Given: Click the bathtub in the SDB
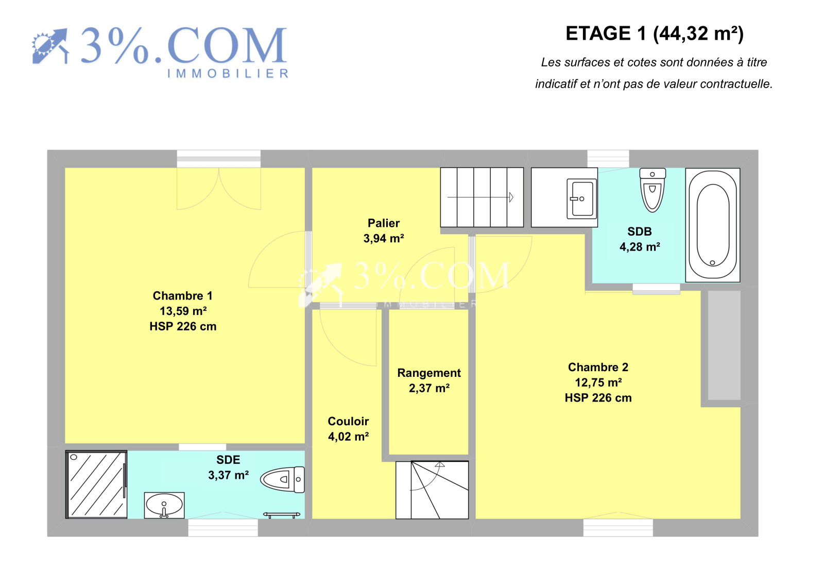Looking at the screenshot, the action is click(713, 225).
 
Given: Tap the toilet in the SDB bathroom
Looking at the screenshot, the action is click(652, 190).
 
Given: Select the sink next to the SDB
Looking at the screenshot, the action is click(581, 198).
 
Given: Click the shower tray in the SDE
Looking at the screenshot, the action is click(96, 485).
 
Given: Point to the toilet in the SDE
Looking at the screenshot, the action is click(283, 479).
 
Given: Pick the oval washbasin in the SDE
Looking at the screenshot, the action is click(164, 505).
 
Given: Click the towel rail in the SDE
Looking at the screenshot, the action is click(282, 514).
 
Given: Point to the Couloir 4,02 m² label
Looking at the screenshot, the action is click(348, 429).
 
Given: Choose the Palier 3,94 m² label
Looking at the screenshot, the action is click(384, 230).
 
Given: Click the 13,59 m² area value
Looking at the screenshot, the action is click(183, 311).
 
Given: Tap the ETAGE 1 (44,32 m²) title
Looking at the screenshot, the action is click(655, 34).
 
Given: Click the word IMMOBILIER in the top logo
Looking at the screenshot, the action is click(228, 73).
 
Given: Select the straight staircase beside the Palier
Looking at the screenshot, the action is click(482, 197).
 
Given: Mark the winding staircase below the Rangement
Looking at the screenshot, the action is click(432, 490).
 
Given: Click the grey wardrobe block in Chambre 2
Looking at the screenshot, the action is click(724, 345).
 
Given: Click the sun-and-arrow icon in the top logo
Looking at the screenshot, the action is click(50, 46).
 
